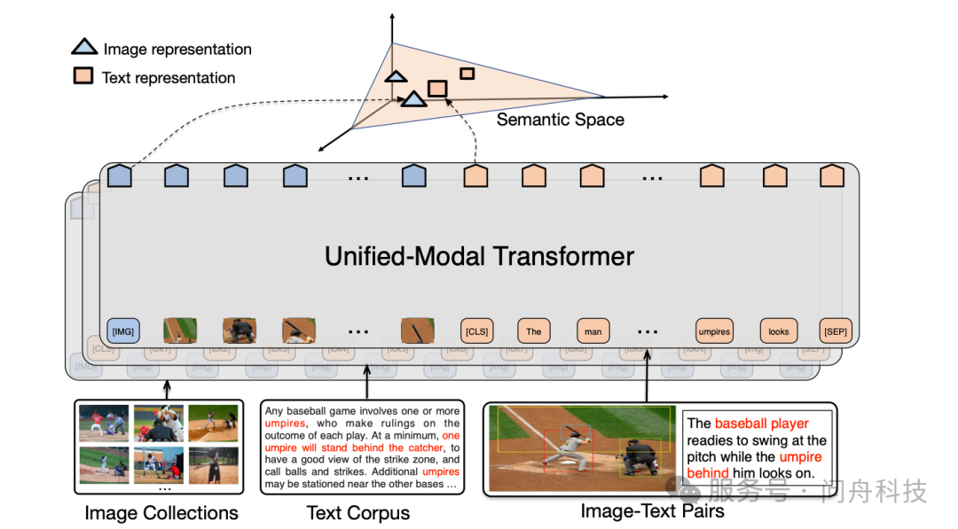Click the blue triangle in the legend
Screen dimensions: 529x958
84,49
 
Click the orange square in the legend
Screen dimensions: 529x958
82,77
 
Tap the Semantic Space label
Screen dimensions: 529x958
560,120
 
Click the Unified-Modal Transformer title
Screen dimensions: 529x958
479,256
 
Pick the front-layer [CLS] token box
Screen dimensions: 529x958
476,331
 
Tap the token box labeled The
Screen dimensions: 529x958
533,331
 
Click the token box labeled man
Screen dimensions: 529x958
593,331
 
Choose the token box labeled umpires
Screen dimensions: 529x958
714,331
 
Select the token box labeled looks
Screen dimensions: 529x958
778,331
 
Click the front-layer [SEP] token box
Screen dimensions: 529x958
834,331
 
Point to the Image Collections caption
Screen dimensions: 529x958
161,513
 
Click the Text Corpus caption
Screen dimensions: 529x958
358,513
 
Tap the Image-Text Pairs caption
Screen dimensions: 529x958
652,511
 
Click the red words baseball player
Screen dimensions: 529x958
761,424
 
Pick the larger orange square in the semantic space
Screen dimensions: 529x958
436,88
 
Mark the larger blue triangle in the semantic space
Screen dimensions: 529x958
412,99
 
